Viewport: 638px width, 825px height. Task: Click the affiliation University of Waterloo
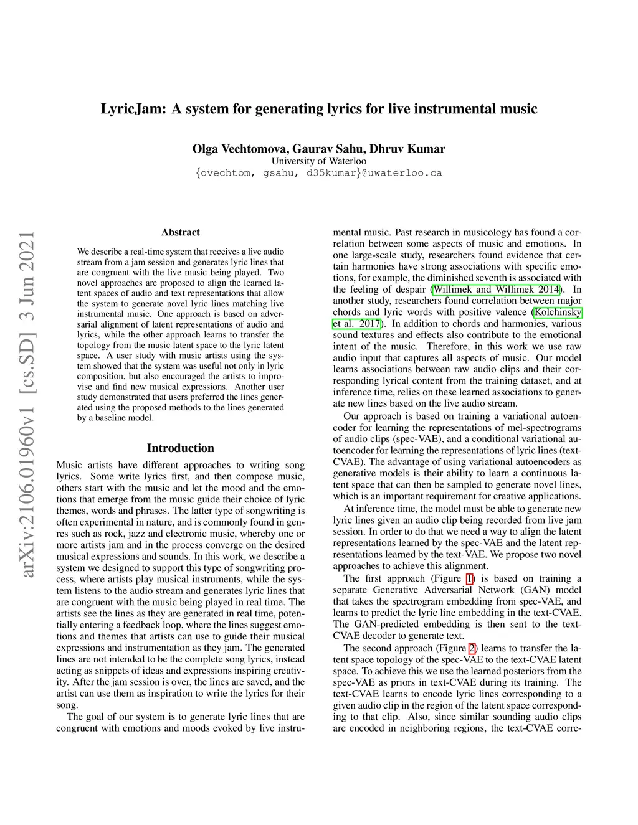pos(318,161)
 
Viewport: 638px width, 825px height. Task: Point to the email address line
pos(318,172)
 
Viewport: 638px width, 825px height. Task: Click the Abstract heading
pos(181,232)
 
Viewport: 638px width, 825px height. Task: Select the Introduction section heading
pos(181,448)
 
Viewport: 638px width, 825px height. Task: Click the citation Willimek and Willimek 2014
pos(497,289)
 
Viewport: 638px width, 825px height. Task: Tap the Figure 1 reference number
pos(470,578)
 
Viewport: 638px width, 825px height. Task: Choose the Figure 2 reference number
pos(472,648)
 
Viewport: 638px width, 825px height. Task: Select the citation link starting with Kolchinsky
pos(558,312)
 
